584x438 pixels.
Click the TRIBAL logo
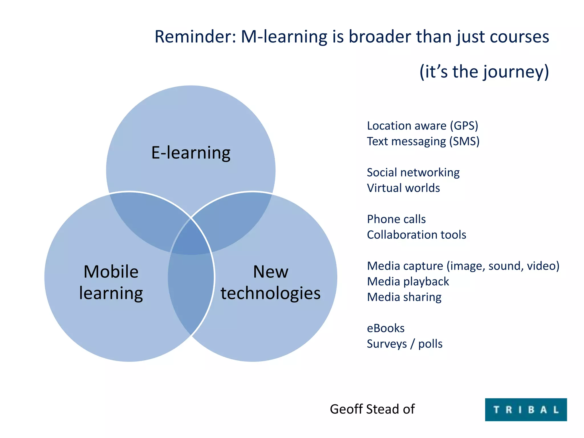click(526, 409)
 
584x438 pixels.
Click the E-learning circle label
click(191, 153)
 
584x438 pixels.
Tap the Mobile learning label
click(111, 282)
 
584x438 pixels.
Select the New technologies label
click(270, 282)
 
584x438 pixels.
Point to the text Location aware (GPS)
click(422, 126)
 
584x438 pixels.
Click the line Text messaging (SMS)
click(423, 141)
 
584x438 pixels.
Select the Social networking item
click(413, 173)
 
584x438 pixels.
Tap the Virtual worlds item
click(403, 188)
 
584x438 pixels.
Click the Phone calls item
click(396, 219)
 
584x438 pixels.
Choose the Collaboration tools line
click(416, 235)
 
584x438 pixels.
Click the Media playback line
click(408, 282)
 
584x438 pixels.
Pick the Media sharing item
click(404, 297)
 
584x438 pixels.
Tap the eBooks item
click(386, 328)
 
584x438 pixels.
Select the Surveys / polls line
click(404, 344)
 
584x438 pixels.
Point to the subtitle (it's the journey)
click(484, 72)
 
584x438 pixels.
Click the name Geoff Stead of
click(372, 409)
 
